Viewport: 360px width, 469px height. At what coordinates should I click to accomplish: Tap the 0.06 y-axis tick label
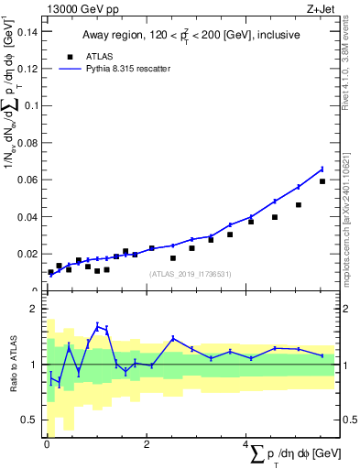click(x=27, y=180)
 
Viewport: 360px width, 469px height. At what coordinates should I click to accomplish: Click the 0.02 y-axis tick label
click(x=27, y=254)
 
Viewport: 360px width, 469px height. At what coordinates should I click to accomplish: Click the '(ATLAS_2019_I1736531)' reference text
click(x=190, y=274)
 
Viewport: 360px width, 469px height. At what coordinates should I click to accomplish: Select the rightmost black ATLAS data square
click(x=322, y=181)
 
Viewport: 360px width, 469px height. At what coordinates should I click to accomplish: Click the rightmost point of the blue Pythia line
click(x=322, y=169)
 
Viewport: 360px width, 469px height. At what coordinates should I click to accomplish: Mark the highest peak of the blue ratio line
click(x=98, y=325)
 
